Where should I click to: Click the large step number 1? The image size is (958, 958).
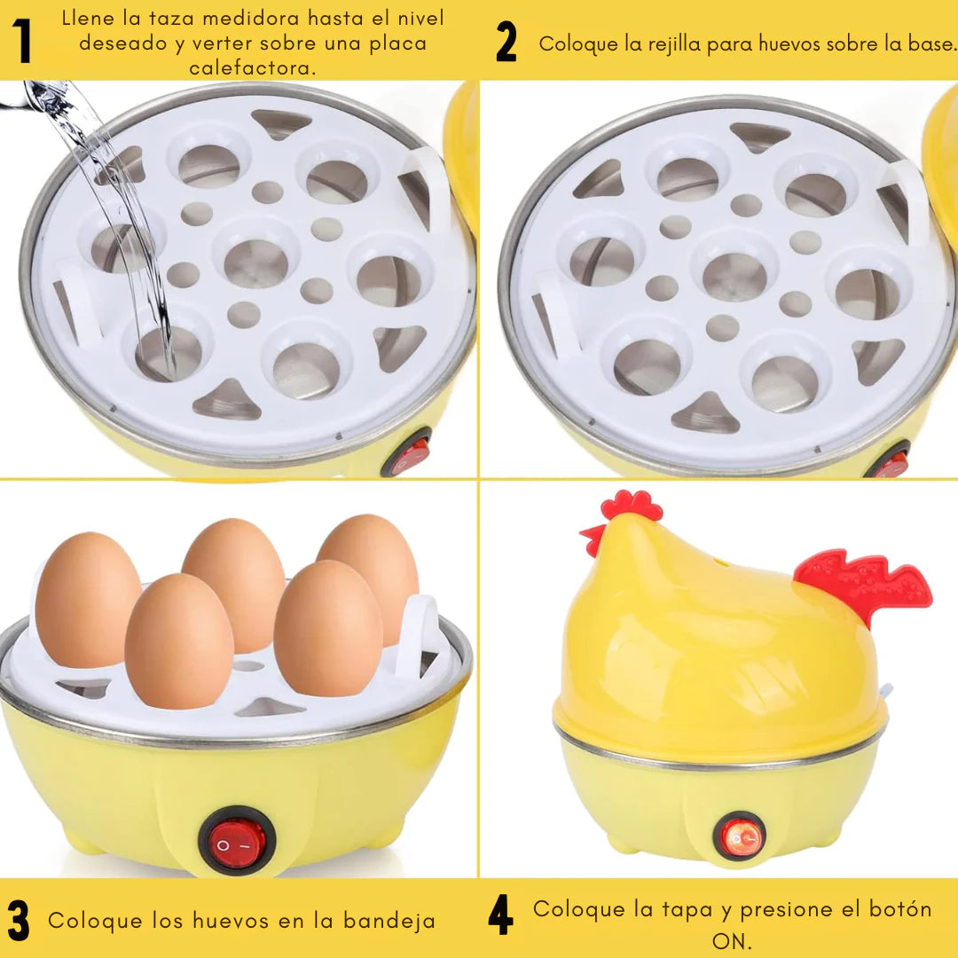(22, 41)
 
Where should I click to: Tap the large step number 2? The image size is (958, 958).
(506, 42)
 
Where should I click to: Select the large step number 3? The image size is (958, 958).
(19, 920)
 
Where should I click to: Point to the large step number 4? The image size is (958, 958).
(500, 915)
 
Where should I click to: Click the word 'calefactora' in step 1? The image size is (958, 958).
(252, 67)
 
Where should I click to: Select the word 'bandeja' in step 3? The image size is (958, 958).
(389, 920)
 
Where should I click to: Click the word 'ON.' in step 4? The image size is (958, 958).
(731, 941)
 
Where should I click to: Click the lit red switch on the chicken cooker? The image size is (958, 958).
(740, 836)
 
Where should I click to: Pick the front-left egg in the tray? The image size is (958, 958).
(179, 641)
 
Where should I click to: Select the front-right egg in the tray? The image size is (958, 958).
(328, 629)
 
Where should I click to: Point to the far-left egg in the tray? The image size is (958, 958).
(88, 600)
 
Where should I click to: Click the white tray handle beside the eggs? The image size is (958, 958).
(417, 636)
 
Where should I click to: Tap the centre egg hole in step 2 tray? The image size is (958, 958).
(734, 276)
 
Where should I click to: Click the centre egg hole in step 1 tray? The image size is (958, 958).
(256, 263)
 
